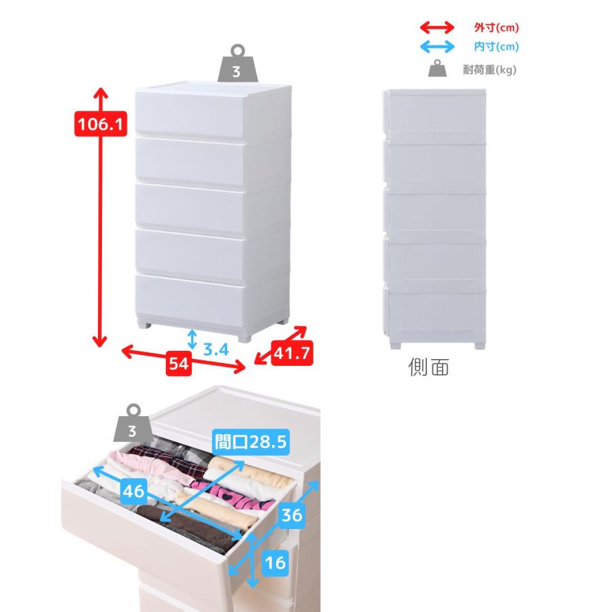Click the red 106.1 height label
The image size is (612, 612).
pyautogui.click(x=101, y=124)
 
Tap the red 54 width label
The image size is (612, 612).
pyautogui.click(x=179, y=363)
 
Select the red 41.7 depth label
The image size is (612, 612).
pyautogui.click(x=292, y=353)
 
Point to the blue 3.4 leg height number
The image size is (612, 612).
pyautogui.click(x=216, y=350)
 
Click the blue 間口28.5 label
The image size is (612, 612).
pyautogui.click(x=251, y=442)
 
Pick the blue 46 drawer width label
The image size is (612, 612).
pyautogui.click(x=133, y=490)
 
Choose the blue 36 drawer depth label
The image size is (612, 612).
pyautogui.click(x=292, y=515)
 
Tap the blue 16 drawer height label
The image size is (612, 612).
pyautogui.click(x=275, y=562)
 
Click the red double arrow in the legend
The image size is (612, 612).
pyautogui.click(x=437, y=28)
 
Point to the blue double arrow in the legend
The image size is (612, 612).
pyautogui.click(x=437, y=47)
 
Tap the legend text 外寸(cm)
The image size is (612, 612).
pyautogui.click(x=496, y=28)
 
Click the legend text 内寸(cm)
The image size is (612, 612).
pyautogui.click(x=496, y=47)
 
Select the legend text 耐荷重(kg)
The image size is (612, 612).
pyautogui.click(x=490, y=70)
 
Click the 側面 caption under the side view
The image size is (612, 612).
pyautogui.click(x=428, y=367)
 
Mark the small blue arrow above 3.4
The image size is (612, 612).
pyautogui.click(x=192, y=339)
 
